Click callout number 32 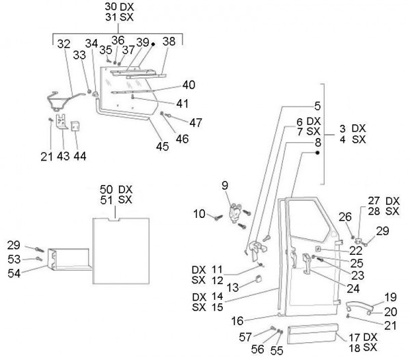(x=63, y=43)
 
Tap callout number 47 (x=195, y=123)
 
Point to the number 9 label (x=223, y=184)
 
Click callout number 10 (x=198, y=214)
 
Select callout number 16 (x=256, y=320)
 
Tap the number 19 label (x=389, y=297)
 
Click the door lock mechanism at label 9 (x=238, y=212)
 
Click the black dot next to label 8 (x=318, y=154)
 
